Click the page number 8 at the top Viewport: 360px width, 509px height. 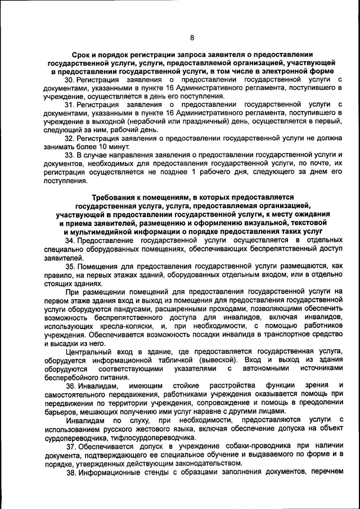(191, 38)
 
